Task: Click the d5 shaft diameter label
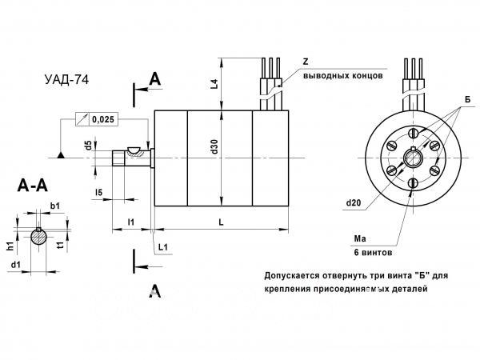click(87, 146)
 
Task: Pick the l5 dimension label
click(98, 192)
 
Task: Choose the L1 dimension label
click(162, 247)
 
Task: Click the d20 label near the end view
click(356, 203)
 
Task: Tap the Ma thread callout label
click(359, 238)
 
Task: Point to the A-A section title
click(34, 186)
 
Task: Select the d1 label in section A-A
click(16, 264)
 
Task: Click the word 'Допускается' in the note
click(292, 275)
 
